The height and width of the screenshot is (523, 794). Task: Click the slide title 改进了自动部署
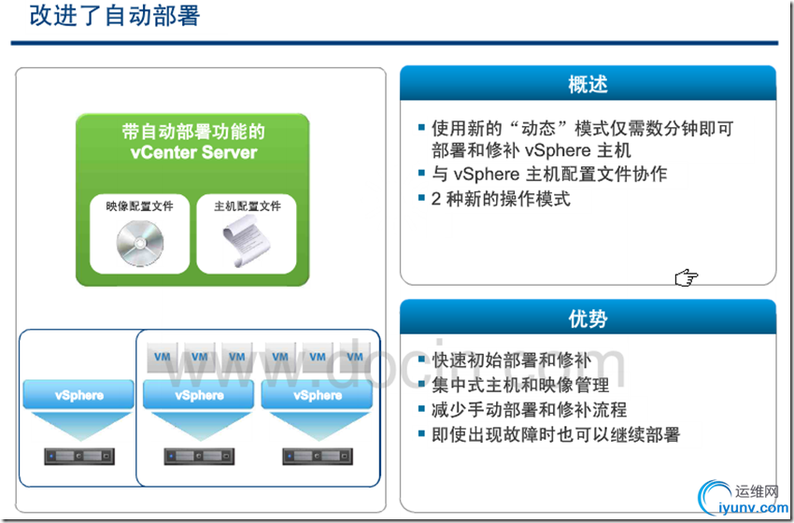[115, 16]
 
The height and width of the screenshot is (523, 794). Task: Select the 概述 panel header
[588, 83]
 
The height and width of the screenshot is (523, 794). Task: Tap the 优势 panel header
[588, 318]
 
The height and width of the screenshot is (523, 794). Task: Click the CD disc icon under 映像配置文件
[140, 244]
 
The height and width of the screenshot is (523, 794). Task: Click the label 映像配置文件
[140, 206]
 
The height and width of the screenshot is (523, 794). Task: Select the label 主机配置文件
[248, 206]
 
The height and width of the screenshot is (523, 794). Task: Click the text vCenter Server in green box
[193, 152]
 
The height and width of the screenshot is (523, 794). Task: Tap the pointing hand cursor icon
[687, 277]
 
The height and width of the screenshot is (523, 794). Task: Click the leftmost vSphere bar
[78, 395]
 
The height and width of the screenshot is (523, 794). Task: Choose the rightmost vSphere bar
[317, 395]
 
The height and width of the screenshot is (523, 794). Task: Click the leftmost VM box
[162, 357]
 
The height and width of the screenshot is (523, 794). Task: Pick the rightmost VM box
[355, 357]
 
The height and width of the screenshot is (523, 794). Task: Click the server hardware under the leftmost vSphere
[79, 456]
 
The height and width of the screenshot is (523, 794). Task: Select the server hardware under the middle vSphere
[199, 456]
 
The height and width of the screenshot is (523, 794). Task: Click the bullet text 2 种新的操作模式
[501, 199]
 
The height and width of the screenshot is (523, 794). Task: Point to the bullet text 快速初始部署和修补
[511, 360]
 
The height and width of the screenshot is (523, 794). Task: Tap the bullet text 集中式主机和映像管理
[520, 385]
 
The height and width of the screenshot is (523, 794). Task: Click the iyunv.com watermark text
[754, 507]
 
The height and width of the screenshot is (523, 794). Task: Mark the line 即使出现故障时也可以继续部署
[556, 434]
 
